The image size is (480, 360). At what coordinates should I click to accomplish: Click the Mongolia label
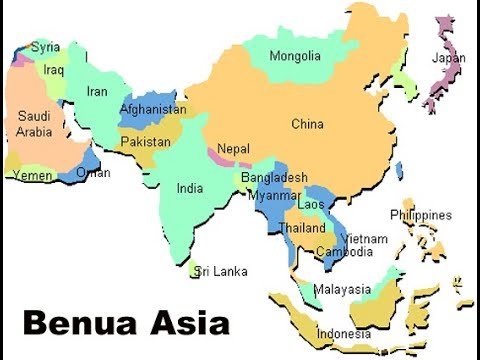(x=295, y=55)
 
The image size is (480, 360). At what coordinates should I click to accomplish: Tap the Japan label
(x=448, y=58)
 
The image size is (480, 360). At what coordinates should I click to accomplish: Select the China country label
(x=308, y=124)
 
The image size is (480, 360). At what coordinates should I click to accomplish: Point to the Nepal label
(x=233, y=148)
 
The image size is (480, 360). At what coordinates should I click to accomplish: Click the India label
(x=190, y=187)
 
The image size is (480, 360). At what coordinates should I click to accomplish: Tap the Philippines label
(x=421, y=215)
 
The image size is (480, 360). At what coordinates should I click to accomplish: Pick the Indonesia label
(x=343, y=333)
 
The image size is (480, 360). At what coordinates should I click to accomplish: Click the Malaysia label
(x=342, y=289)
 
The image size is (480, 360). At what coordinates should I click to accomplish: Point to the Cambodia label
(x=344, y=251)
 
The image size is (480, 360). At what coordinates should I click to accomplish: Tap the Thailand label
(x=302, y=227)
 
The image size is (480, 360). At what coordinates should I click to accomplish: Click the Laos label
(x=312, y=204)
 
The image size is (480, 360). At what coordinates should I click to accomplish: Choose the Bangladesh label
(x=274, y=177)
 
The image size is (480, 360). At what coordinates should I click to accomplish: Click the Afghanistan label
(x=152, y=109)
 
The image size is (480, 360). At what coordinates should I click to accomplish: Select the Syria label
(x=45, y=46)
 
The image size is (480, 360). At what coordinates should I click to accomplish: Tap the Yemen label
(x=32, y=175)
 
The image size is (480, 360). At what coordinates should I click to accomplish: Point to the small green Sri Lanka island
(x=197, y=270)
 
